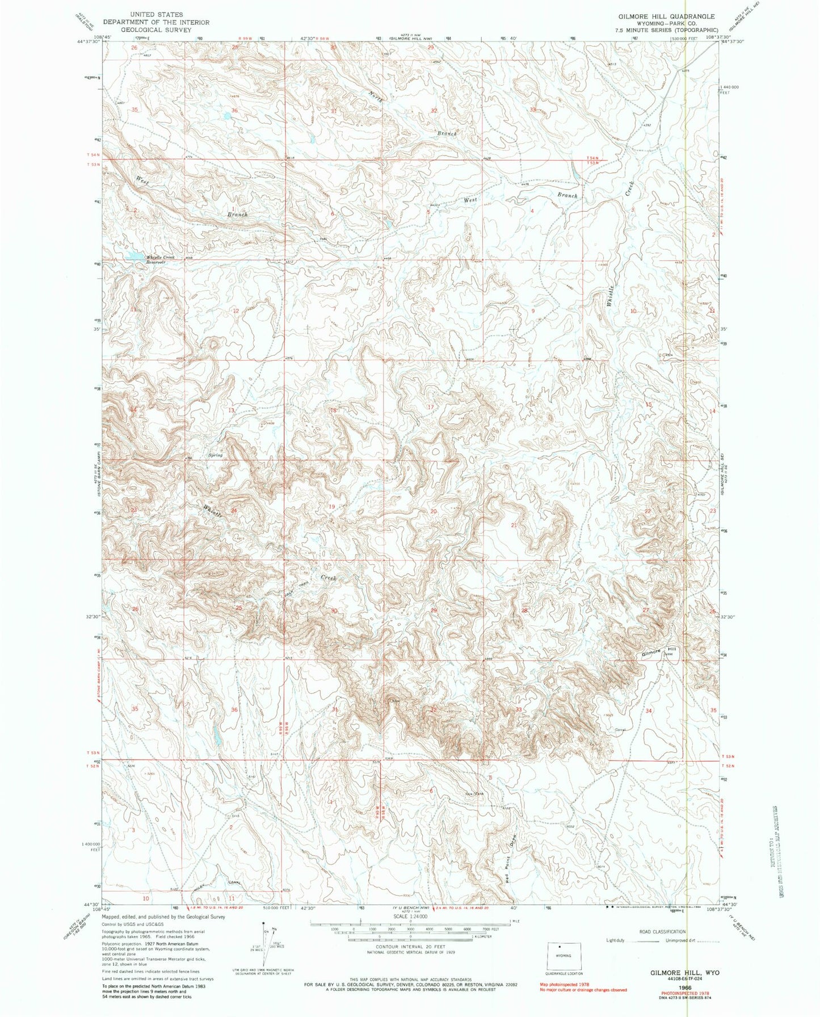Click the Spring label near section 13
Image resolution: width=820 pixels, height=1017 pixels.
(x=215, y=455)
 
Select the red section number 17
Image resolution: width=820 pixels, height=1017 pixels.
(x=431, y=407)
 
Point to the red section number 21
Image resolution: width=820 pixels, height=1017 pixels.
(x=514, y=526)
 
